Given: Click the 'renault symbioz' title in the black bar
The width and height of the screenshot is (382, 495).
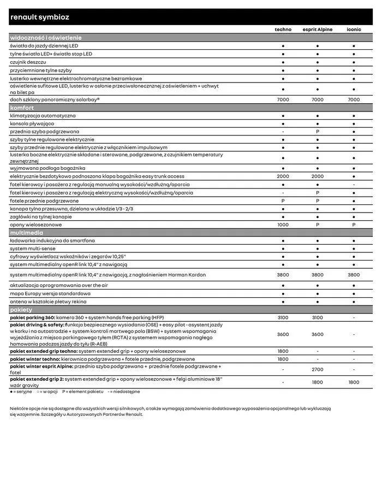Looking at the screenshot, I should click(x=40, y=17).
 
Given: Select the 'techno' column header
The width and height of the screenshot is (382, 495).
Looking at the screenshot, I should click(x=283, y=30).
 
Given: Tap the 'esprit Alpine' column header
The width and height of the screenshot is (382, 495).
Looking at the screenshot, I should click(x=317, y=30).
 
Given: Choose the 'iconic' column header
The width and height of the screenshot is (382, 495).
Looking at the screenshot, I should click(x=354, y=30).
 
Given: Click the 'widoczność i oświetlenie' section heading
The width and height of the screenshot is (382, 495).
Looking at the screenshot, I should click(x=46, y=38).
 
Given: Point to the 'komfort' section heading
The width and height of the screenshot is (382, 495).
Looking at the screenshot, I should click(x=22, y=108).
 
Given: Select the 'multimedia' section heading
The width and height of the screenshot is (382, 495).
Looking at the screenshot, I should click(x=27, y=233).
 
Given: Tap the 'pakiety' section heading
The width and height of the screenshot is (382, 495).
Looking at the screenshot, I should click(x=21, y=310).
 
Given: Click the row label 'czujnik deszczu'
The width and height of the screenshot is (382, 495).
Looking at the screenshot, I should click(x=28, y=62).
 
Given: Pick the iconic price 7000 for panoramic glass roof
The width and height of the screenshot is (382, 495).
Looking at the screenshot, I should click(x=354, y=100).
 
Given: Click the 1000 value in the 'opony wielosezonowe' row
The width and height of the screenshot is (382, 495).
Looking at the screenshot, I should click(x=283, y=225).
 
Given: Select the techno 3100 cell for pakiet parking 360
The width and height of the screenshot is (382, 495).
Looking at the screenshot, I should click(x=283, y=317).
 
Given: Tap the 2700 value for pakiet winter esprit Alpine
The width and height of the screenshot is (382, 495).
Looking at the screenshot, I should click(x=317, y=370).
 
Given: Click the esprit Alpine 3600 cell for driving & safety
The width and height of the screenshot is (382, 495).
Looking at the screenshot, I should click(x=317, y=334).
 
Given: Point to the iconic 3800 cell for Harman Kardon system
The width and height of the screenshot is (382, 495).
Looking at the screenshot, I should click(x=354, y=275).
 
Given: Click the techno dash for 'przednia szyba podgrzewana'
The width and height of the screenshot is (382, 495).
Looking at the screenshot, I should click(x=283, y=132).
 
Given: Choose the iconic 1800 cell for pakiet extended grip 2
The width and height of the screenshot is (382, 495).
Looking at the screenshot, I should click(x=354, y=382).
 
